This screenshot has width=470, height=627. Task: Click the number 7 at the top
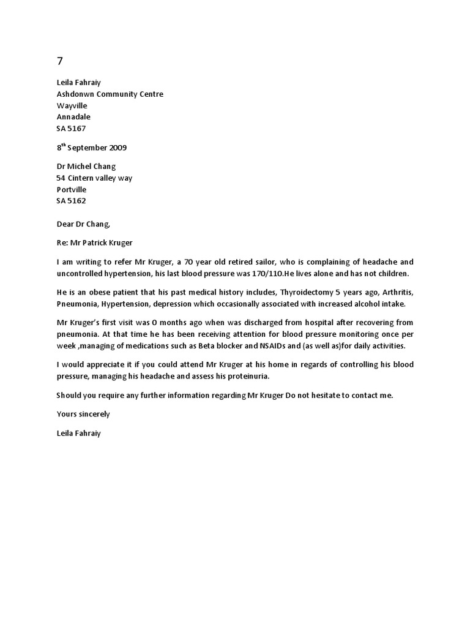[59, 61]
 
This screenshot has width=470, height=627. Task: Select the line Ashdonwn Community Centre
[110, 94]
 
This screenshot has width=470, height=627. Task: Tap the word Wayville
[72, 105]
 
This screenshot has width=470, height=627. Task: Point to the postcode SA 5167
[71, 129]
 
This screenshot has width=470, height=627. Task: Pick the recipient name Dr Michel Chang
[86, 167]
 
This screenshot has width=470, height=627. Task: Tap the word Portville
[72, 190]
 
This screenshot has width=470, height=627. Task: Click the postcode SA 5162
[71, 201]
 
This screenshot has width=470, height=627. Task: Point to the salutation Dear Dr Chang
[83, 224]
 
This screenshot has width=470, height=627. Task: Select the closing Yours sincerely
[83, 415]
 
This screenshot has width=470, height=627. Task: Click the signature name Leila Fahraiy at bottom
[79, 434]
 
